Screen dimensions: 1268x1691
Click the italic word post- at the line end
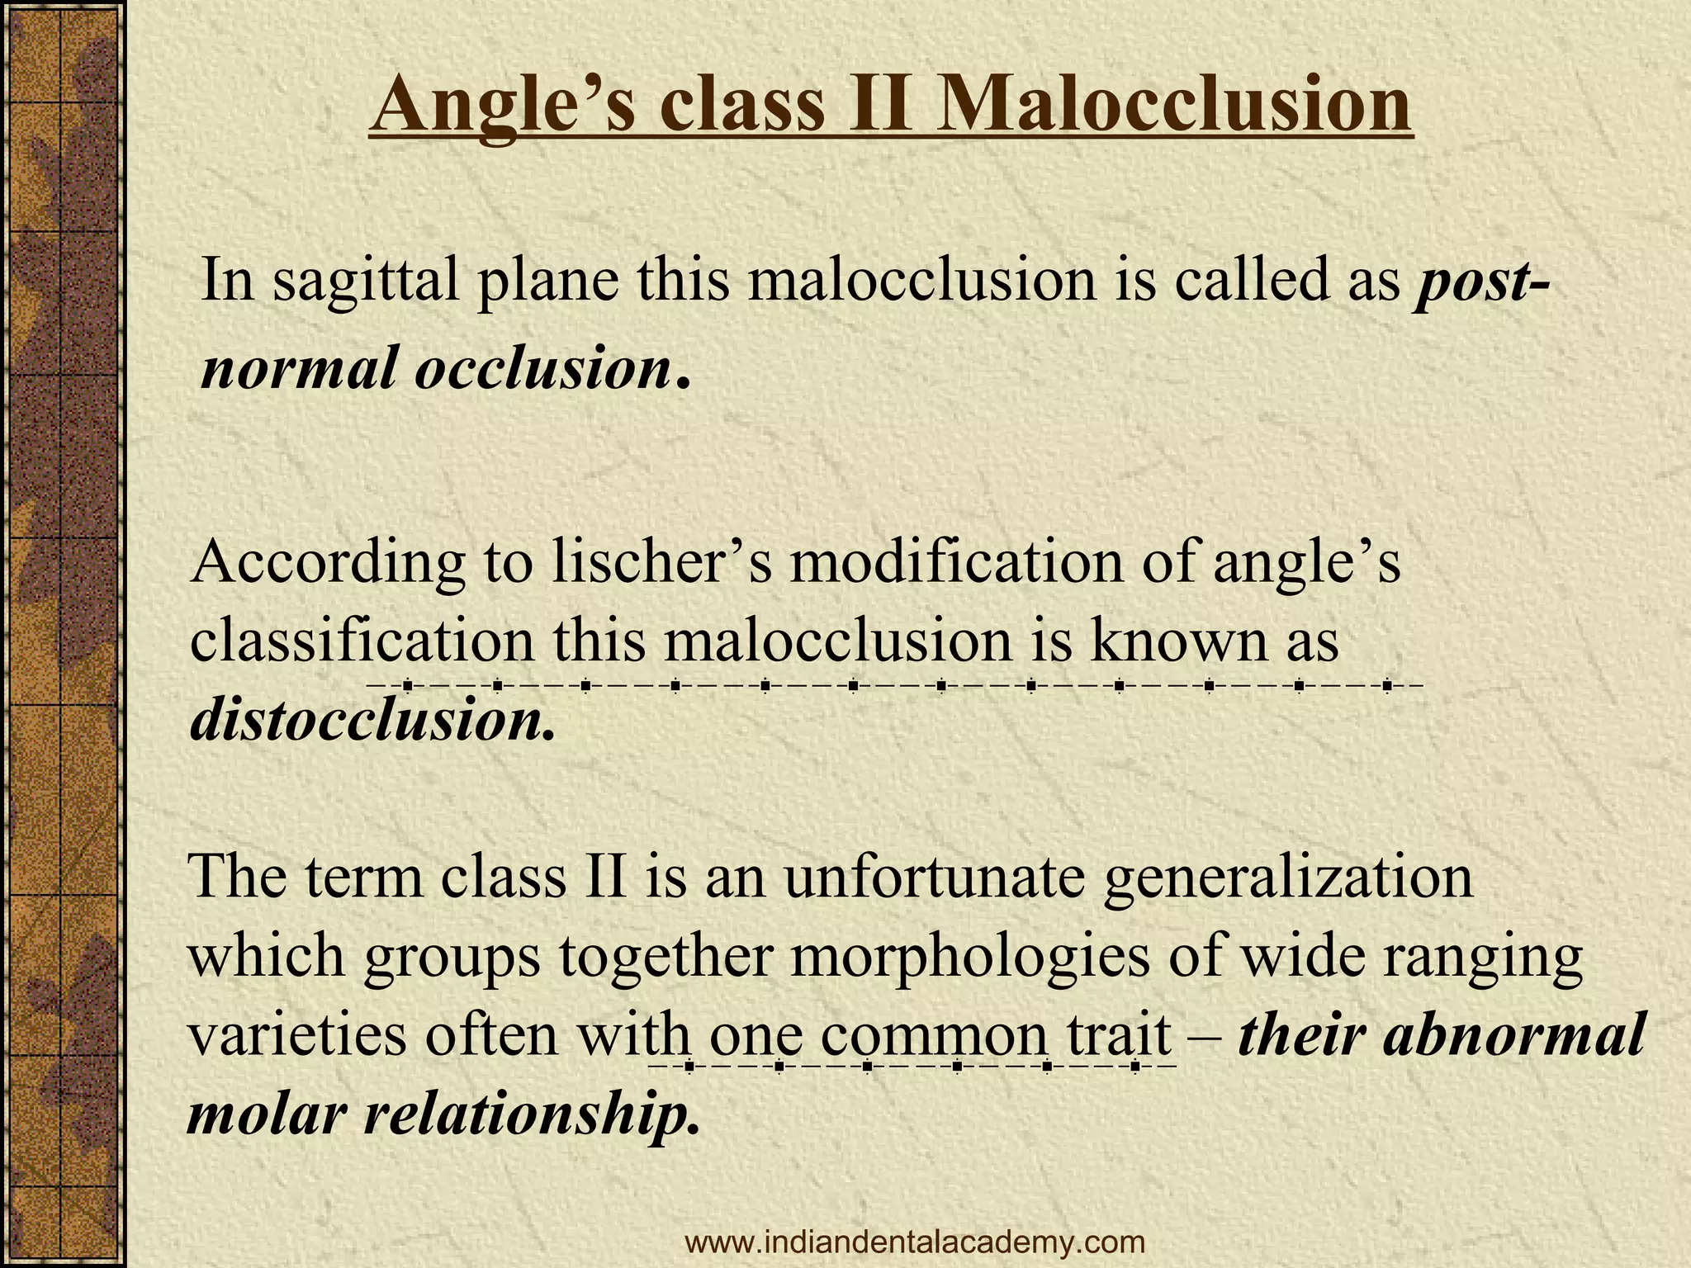1481,282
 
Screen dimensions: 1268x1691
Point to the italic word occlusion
542,367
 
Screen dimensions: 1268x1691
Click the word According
327,566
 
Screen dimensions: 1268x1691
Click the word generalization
1287,877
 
